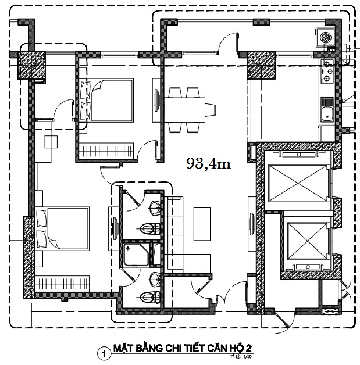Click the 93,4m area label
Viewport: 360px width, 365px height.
[208, 164]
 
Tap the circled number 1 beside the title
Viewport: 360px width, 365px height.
[104, 354]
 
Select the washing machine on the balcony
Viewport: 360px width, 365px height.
[325, 37]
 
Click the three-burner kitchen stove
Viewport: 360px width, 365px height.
[327, 71]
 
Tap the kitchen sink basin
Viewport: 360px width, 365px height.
[327, 114]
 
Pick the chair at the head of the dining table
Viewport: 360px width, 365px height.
[211, 110]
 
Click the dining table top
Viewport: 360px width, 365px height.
[185, 110]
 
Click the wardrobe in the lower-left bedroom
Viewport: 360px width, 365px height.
[62, 283]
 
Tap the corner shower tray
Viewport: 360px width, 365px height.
[136, 255]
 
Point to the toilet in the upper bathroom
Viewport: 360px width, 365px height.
[151, 228]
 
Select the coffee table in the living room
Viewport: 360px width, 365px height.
[202, 224]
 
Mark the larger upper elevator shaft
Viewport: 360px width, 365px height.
[298, 183]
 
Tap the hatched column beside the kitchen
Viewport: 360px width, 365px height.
[261, 66]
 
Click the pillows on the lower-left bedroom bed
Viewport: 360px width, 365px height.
[41, 228]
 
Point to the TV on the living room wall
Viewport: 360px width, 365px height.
[252, 224]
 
